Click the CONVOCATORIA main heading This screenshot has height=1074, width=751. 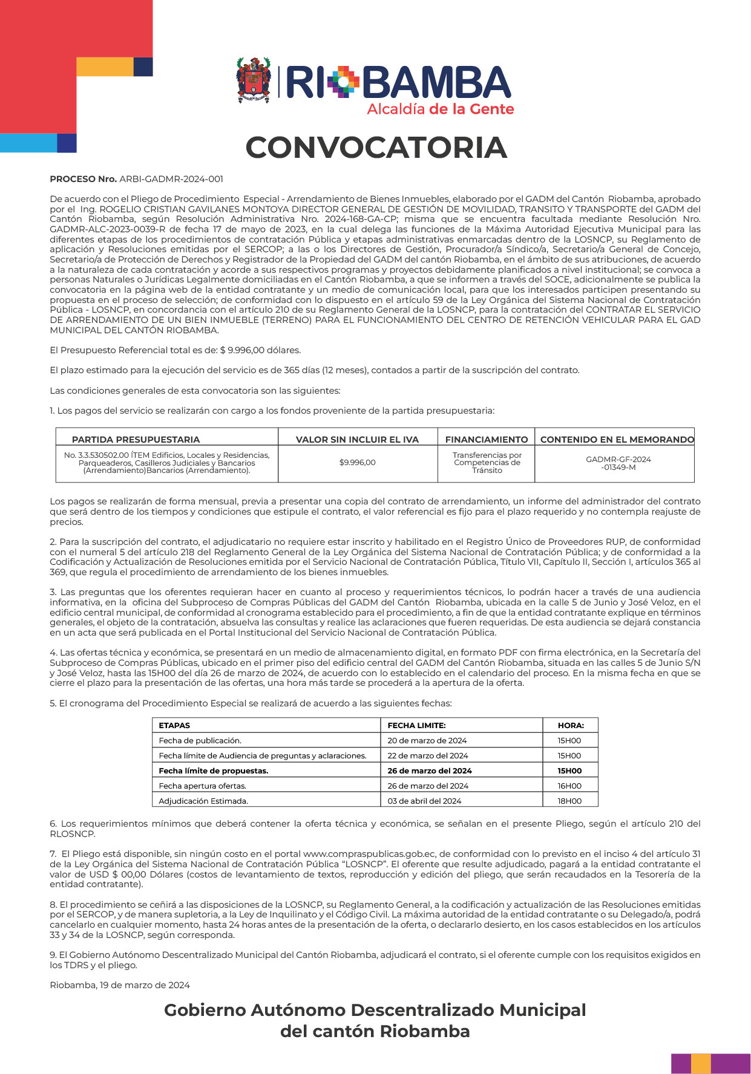[x=376, y=148]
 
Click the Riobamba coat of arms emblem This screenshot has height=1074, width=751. [x=254, y=80]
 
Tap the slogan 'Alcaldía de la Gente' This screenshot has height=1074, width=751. [x=440, y=109]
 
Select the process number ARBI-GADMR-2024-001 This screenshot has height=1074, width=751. [x=171, y=179]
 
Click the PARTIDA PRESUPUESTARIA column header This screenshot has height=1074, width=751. [x=136, y=440]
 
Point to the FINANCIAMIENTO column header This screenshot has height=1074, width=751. [x=487, y=440]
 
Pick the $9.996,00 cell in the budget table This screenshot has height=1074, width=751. [x=357, y=463]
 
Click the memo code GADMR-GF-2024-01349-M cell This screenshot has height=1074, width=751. [x=618, y=463]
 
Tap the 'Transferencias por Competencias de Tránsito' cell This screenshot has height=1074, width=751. [x=487, y=463]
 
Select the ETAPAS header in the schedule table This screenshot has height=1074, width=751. [x=174, y=725]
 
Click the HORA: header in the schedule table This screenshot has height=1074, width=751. [x=570, y=725]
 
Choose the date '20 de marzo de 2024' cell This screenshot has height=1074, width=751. [x=427, y=740]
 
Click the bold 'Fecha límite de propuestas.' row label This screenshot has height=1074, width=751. [x=213, y=770]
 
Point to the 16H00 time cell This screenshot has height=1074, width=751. [x=569, y=786]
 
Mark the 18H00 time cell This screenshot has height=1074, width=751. [x=569, y=801]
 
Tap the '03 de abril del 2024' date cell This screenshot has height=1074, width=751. [x=424, y=801]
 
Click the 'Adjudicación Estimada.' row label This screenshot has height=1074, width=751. [x=203, y=801]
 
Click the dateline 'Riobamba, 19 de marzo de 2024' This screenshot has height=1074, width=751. [x=120, y=985]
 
